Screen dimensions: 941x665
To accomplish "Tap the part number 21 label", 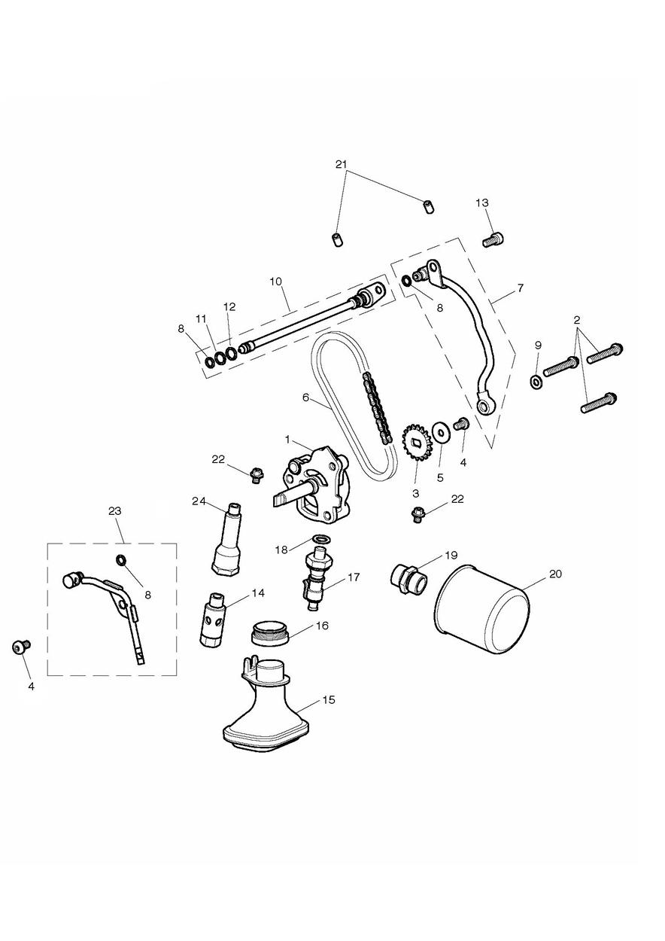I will (x=342, y=164).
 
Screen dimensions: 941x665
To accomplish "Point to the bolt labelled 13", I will (x=493, y=239).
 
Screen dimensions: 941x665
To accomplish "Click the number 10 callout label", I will (x=275, y=282).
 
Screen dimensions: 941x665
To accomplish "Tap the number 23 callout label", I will (x=114, y=511).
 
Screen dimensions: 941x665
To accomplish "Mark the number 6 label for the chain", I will (x=305, y=397).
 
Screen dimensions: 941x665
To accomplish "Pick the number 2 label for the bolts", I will (x=577, y=320).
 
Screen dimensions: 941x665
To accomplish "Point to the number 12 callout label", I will (x=229, y=306).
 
